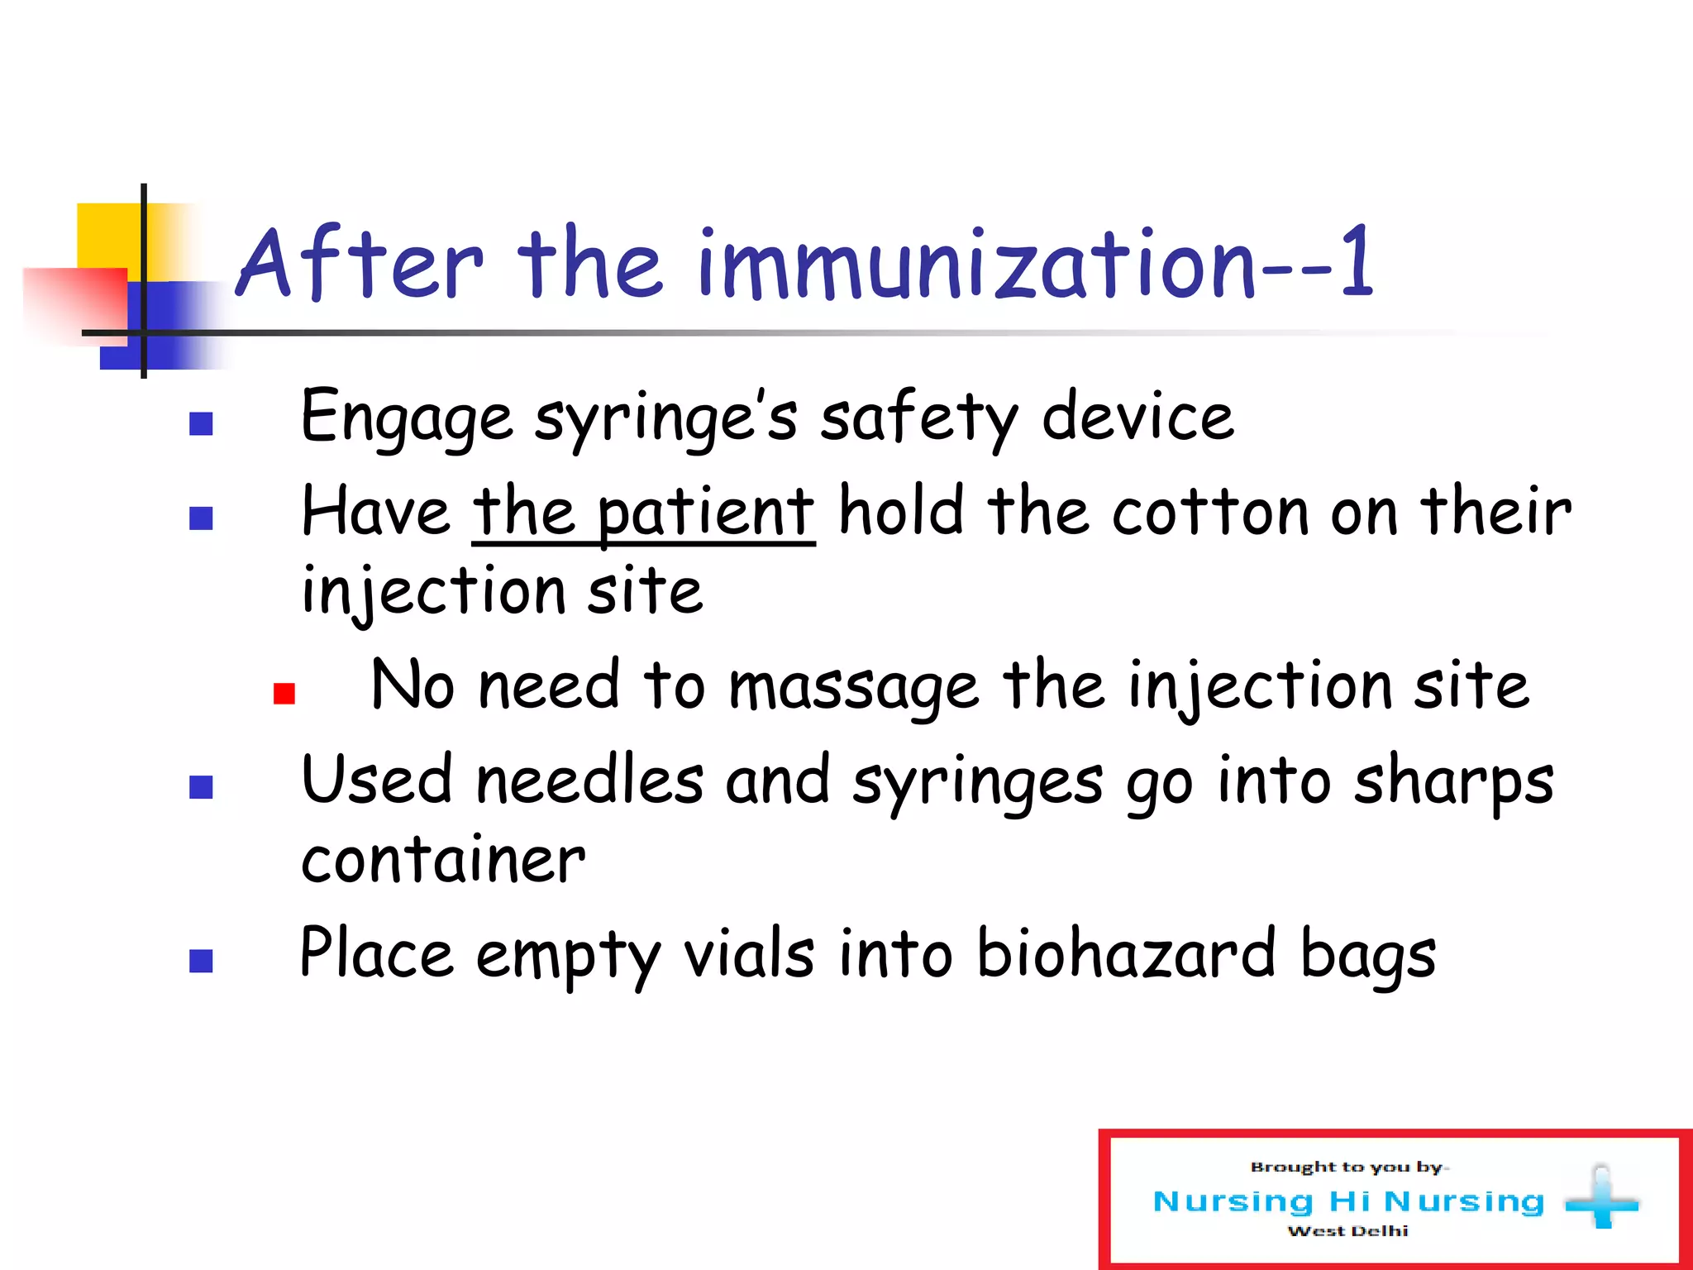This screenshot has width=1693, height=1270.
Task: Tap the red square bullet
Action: tap(284, 693)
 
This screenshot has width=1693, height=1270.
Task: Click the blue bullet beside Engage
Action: tap(201, 423)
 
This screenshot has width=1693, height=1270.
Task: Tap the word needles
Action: tap(590, 782)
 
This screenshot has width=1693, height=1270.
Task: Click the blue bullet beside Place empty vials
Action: tap(201, 961)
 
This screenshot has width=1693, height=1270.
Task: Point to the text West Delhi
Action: tap(1347, 1231)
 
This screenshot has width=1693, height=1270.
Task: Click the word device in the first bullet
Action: tap(1137, 418)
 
